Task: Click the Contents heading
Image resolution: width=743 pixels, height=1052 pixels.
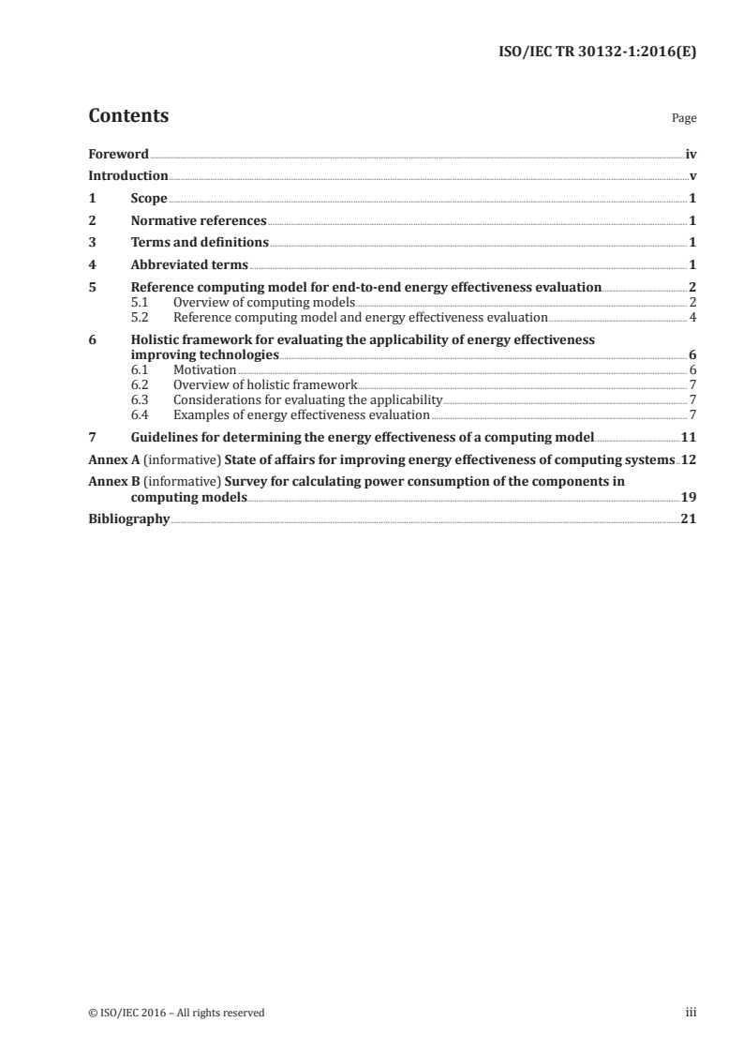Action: (x=128, y=116)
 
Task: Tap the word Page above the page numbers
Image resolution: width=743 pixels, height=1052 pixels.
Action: (x=684, y=119)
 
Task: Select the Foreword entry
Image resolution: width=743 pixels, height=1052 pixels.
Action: (x=118, y=154)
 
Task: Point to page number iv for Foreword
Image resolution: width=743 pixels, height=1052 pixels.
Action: (x=691, y=154)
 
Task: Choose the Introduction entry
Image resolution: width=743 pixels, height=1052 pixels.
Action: (x=127, y=176)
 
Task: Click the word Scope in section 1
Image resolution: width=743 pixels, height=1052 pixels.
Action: (x=149, y=199)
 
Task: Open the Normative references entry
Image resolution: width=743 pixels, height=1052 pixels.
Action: (x=199, y=221)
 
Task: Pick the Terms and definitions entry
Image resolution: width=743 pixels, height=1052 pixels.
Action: (x=200, y=243)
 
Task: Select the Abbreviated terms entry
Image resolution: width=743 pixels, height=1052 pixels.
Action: (x=189, y=265)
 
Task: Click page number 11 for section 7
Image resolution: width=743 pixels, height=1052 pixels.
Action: (x=689, y=438)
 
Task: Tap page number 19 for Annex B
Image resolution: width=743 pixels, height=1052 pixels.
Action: (x=689, y=497)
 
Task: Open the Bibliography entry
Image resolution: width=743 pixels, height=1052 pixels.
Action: (x=128, y=519)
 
